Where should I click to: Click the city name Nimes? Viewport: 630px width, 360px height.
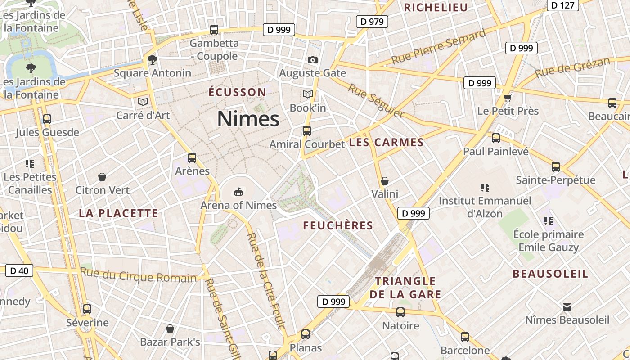click(x=248, y=119)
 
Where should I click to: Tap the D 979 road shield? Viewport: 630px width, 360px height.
click(x=372, y=21)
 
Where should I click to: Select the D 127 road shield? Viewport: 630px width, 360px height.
click(x=562, y=5)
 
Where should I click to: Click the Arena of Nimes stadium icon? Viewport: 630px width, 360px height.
click(x=238, y=192)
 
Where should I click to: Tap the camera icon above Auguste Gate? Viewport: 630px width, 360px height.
click(x=312, y=60)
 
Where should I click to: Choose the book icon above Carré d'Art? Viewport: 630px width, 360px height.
click(x=143, y=102)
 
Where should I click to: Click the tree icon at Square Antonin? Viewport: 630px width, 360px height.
click(x=153, y=59)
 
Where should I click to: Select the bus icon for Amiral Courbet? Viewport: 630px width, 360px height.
click(x=307, y=131)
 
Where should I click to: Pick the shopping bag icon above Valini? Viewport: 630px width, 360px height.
click(x=385, y=181)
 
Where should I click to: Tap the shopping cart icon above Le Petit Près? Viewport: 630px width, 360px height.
click(x=508, y=98)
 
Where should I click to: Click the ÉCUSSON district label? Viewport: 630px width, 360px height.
click(x=237, y=92)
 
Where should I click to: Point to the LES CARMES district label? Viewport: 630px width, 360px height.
click(x=387, y=143)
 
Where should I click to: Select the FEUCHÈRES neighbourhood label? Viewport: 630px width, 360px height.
click(x=338, y=225)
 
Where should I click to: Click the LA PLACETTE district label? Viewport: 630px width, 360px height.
click(x=119, y=213)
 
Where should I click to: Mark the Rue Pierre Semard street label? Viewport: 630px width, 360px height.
click(x=438, y=47)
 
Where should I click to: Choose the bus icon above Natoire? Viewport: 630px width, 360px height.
click(x=400, y=312)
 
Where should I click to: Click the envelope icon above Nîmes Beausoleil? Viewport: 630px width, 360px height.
click(x=567, y=307)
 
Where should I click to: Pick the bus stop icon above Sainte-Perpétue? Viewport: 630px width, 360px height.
click(x=556, y=167)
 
